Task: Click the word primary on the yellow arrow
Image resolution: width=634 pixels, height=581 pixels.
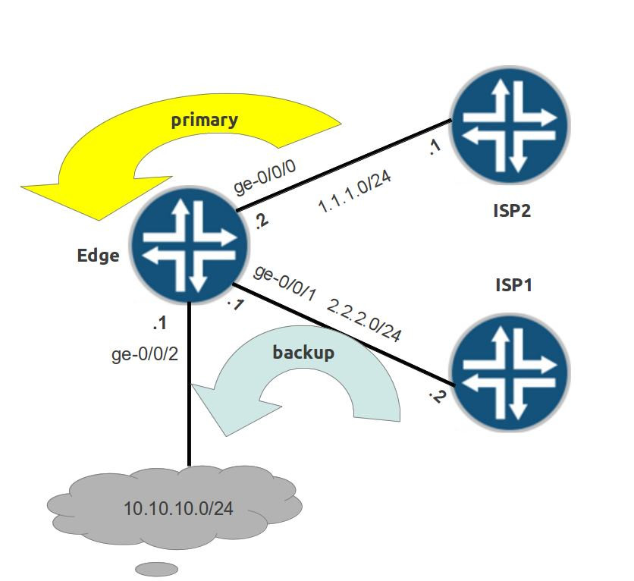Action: click(204, 119)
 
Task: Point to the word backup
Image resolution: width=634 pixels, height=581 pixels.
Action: click(303, 352)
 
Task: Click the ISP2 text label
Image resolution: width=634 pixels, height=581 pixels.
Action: click(511, 210)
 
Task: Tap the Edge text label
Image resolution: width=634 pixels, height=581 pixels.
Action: click(98, 255)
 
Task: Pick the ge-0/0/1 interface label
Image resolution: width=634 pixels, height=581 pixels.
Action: click(284, 283)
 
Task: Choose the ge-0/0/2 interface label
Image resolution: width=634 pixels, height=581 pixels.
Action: click(145, 353)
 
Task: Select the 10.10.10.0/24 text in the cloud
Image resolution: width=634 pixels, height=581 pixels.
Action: click(178, 507)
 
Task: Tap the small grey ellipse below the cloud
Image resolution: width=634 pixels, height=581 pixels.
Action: click(157, 568)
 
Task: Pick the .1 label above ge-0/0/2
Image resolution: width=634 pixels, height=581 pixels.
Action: click(159, 323)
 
